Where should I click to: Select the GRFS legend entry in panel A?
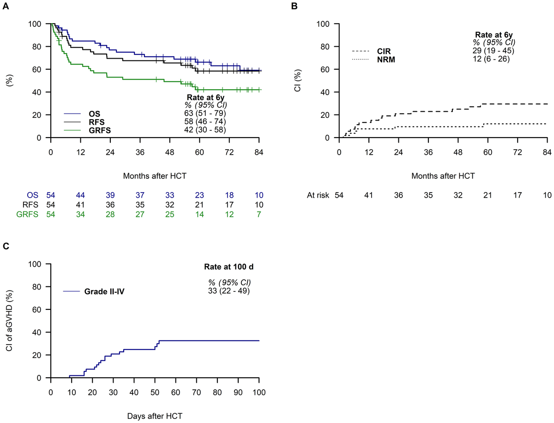(101, 130)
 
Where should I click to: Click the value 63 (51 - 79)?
(204, 114)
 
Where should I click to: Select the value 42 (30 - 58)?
(204, 130)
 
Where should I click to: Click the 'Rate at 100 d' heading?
(229, 267)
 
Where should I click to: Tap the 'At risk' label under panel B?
(318, 195)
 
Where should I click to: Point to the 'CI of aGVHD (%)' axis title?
(9, 320)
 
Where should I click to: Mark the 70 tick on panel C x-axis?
(196, 389)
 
